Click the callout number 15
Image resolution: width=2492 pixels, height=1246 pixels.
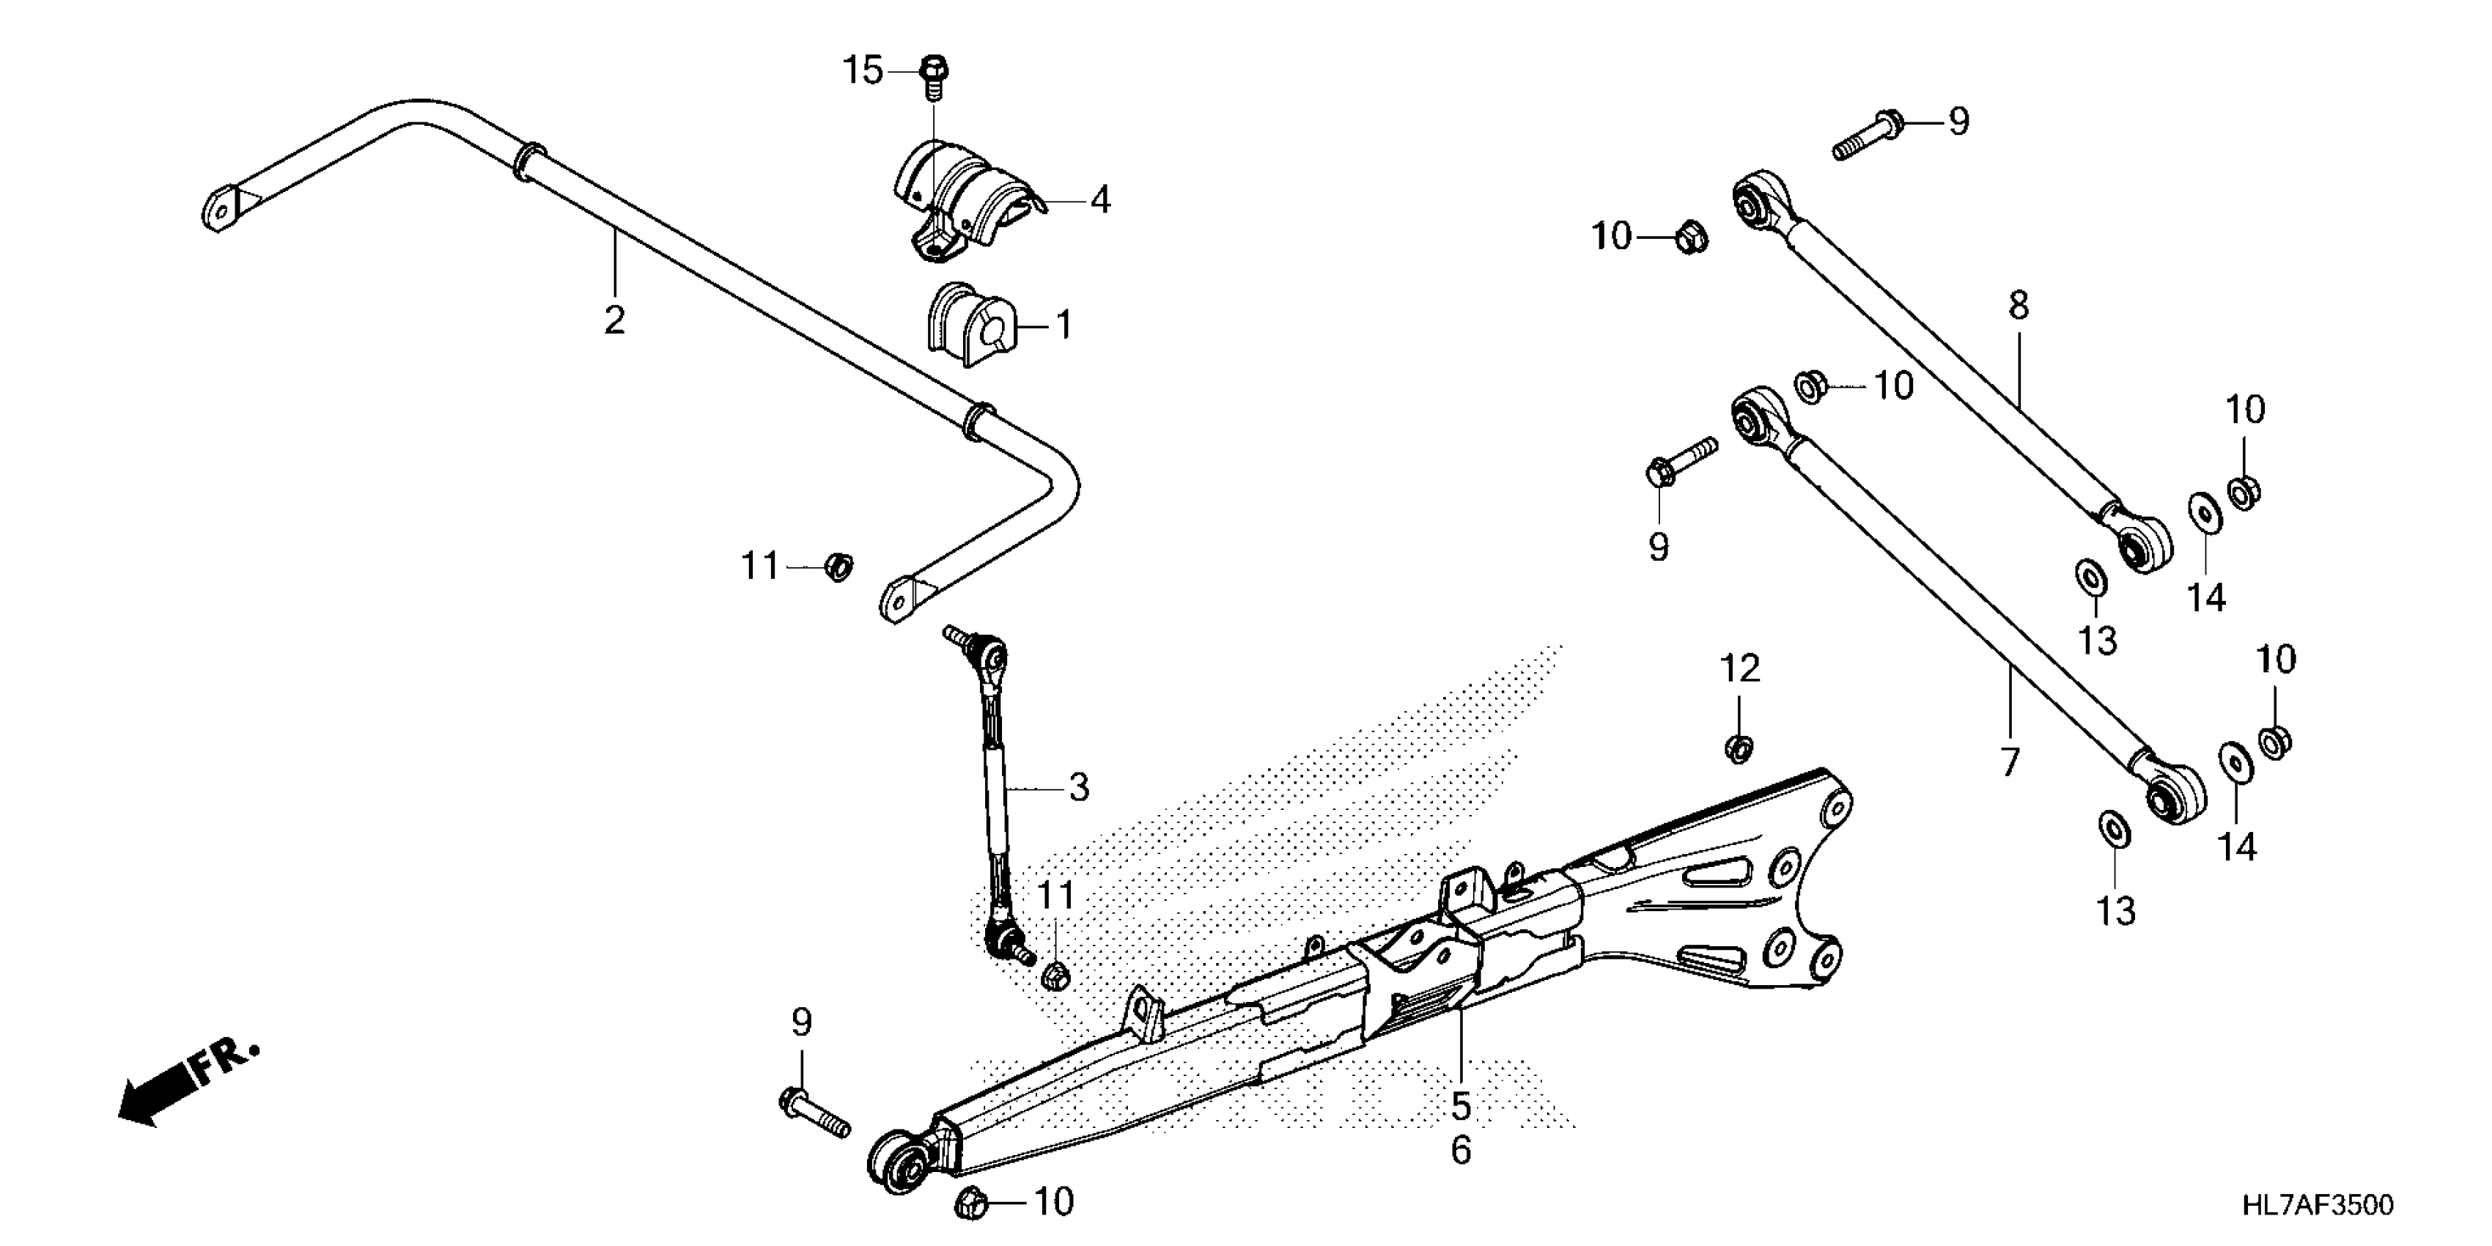pyautogui.click(x=862, y=70)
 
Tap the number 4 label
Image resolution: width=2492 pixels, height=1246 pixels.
pyautogui.click(x=1100, y=200)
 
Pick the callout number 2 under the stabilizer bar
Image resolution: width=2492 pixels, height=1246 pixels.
pyautogui.click(x=614, y=320)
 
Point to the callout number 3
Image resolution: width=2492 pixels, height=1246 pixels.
pyautogui.click(x=1079, y=787)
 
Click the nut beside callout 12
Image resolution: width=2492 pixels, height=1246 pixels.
pyautogui.click(x=1739, y=748)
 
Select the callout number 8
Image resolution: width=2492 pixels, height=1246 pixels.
pyautogui.click(x=2018, y=306)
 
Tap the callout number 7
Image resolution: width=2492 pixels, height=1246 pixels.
pyautogui.click(x=2010, y=762)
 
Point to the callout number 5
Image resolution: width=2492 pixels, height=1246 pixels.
pyautogui.click(x=1461, y=1106)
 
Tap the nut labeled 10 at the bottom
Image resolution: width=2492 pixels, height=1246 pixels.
pyautogui.click(x=970, y=1203)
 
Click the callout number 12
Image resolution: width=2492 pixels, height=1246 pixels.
pyautogui.click(x=1739, y=668)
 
